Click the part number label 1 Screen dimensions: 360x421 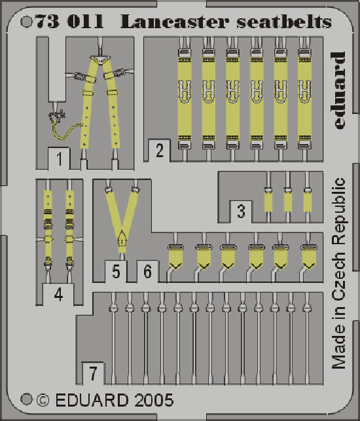pyautogui.click(x=60, y=158)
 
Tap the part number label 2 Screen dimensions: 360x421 pyautogui.click(x=160, y=151)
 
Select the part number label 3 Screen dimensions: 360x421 pyautogui.click(x=241, y=211)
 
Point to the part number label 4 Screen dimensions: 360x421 pyautogui.click(x=58, y=295)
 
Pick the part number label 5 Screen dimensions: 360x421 pyautogui.click(x=116, y=272)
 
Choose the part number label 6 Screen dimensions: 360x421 pyautogui.click(x=147, y=272)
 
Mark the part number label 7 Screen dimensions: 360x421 pyautogui.click(x=93, y=373)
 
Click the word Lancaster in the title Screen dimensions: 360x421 pyautogui.click(x=175, y=22)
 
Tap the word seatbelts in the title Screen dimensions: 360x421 pyautogui.click(x=284, y=22)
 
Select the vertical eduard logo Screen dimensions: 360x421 pyautogui.click(x=338, y=90)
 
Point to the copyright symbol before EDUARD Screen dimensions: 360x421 pyautogui.click(x=43, y=400)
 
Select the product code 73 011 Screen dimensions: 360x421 pyautogui.click(x=69, y=22)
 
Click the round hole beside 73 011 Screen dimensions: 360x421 pyautogui.click(x=26, y=22)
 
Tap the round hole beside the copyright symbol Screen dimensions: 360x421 pyautogui.click(x=26, y=399)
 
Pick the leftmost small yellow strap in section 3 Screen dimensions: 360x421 pyautogui.click(x=268, y=202)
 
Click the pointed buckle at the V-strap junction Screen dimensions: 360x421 pyautogui.click(x=122, y=239)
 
